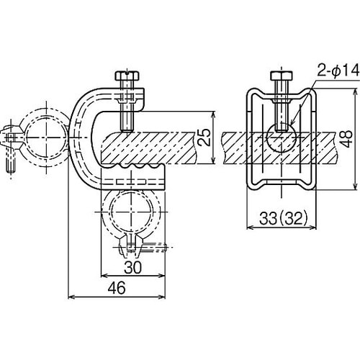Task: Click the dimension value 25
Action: tap(204, 138)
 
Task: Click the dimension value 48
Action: tap(346, 139)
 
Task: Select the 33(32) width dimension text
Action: tap(284, 218)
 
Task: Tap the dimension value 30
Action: tap(133, 267)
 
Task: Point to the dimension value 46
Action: tap(117, 288)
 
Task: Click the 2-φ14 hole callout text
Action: tap(338, 71)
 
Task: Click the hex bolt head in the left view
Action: tap(127, 76)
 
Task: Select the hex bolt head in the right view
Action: tap(282, 76)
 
